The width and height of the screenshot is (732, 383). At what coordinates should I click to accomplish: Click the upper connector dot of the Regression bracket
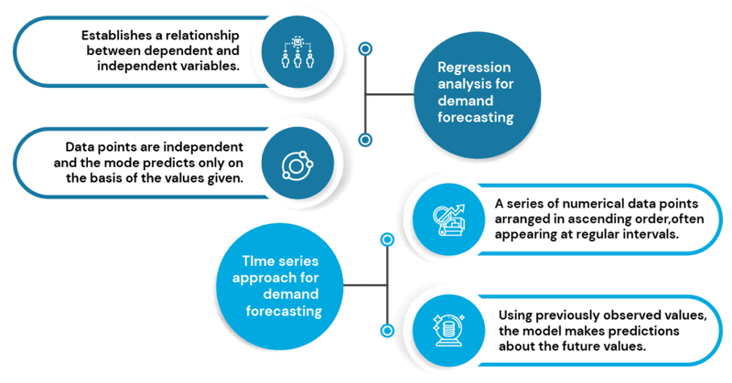tap(365, 48)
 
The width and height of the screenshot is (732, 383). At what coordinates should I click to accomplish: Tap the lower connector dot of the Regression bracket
tap(365, 140)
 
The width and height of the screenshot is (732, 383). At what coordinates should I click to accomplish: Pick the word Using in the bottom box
tap(517, 314)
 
